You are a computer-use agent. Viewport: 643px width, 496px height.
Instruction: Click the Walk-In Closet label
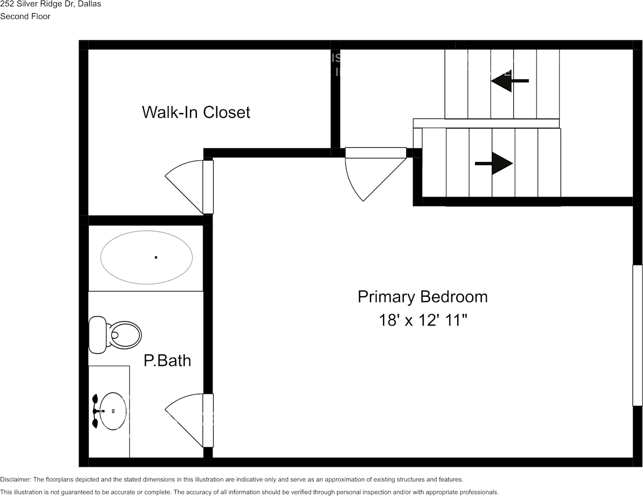click(196, 112)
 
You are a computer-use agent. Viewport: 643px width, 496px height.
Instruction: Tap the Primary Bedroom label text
click(423, 297)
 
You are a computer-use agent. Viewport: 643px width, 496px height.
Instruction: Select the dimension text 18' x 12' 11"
click(423, 320)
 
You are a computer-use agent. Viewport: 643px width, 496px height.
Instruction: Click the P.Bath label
click(167, 361)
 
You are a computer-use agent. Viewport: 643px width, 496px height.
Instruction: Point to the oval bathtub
click(146, 257)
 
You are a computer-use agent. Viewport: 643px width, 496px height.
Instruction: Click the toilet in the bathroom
click(123, 334)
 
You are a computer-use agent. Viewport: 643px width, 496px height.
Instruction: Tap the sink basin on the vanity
click(113, 412)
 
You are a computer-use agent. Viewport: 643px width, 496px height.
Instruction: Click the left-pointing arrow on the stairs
click(510, 81)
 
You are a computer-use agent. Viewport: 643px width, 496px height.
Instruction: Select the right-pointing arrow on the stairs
click(494, 164)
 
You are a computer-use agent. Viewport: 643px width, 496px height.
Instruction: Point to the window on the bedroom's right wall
click(637, 335)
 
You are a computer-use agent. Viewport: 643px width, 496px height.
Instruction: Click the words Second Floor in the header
click(25, 16)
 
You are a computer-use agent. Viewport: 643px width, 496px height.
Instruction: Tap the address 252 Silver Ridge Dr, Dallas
click(50, 4)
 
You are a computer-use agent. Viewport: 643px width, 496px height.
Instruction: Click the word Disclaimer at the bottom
click(15, 480)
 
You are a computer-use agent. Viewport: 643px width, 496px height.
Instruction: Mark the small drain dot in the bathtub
click(156, 257)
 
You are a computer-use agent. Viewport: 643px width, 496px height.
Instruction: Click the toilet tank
click(97, 335)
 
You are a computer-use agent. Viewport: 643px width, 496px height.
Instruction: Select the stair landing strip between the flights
click(486, 123)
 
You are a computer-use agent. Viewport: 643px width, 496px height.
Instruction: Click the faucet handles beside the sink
click(95, 412)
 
